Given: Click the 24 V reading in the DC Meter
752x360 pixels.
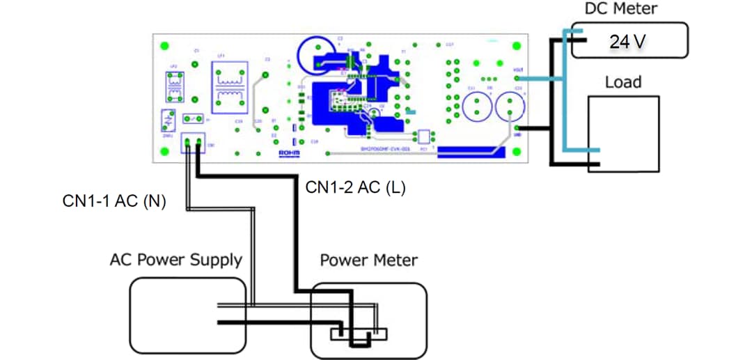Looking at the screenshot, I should (x=628, y=42).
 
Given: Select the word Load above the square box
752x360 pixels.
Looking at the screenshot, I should (x=622, y=82).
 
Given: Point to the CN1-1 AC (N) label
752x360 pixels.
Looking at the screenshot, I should (x=114, y=202).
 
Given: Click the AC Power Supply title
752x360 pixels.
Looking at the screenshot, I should (x=175, y=260).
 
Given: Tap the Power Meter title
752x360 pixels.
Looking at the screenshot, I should (x=368, y=260).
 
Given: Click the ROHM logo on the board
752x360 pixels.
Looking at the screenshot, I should (x=288, y=152).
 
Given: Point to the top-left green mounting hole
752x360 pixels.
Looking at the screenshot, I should (x=165, y=46).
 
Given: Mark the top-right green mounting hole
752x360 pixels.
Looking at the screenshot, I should (x=517, y=46).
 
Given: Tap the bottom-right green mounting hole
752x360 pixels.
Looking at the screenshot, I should (x=517, y=149).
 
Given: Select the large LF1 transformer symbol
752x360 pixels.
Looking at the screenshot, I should (x=229, y=88).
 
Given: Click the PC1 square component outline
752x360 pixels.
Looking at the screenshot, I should (x=423, y=136).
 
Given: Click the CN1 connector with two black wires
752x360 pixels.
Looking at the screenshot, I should (x=191, y=144).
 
